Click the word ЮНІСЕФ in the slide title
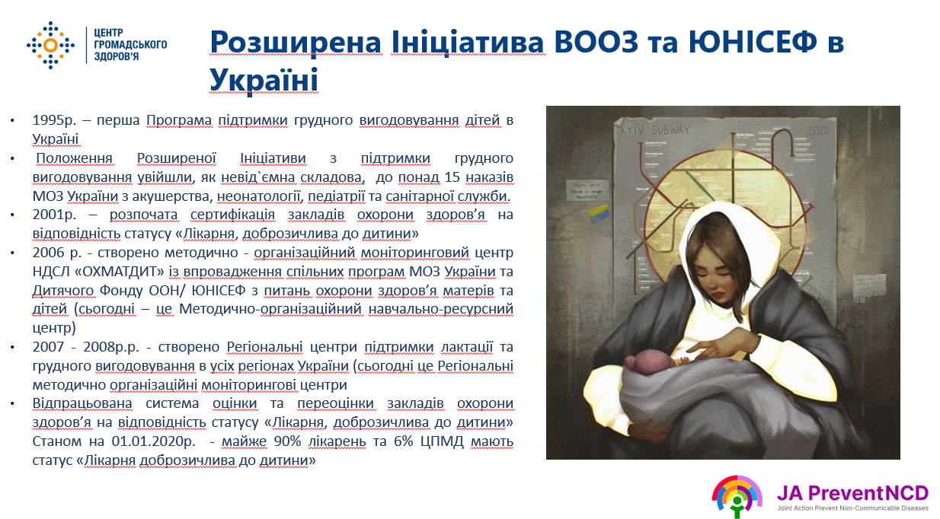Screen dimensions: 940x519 coord(753,42)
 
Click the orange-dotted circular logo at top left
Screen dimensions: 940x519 coord(50,45)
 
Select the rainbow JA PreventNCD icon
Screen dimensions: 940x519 coord(737,496)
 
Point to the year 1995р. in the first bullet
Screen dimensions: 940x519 coord(55,120)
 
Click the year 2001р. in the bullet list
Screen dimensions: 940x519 coord(55,215)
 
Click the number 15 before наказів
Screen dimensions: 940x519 coord(452,177)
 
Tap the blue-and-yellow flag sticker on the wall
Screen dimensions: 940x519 coord(597,213)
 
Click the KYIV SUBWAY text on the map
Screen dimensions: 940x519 coord(655,130)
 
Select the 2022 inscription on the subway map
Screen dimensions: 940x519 coord(817,131)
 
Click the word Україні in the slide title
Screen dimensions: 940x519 coord(264,80)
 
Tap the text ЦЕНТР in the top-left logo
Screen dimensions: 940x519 coord(108,33)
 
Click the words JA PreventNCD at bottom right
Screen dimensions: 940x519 coord(852,493)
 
